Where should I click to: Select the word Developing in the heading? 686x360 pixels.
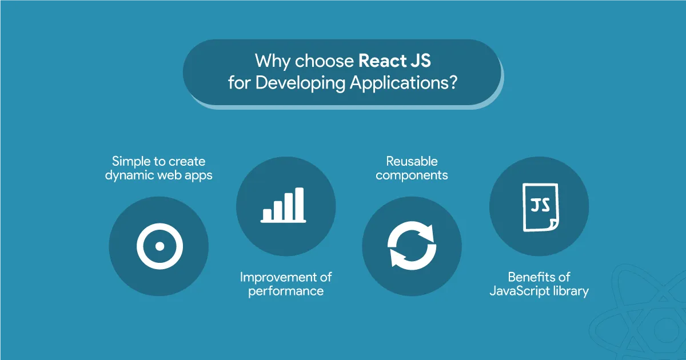coord(300,83)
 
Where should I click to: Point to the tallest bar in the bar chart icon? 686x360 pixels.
coord(299,203)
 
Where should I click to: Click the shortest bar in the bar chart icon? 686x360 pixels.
coord(267,214)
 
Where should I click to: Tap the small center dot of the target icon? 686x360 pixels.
coord(159,247)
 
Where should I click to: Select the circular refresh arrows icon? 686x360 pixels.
coord(412,246)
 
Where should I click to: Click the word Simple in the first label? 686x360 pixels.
coord(131,161)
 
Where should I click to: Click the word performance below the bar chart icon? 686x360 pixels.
coord(286,291)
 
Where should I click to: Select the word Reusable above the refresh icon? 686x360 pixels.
coord(412,161)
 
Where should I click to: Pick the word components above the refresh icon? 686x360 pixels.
coord(412,175)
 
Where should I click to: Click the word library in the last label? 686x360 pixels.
coord(571,291)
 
